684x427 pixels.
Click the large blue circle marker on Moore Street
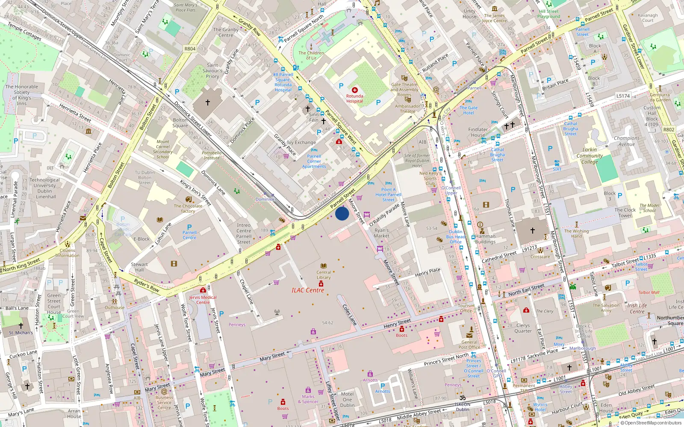[342, 213]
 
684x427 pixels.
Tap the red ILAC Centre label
[308, 290]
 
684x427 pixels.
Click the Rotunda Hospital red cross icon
[354, 90]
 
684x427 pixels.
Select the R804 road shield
[190, 49]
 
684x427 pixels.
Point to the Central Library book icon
[324, 266]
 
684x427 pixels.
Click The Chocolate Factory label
[188, 208]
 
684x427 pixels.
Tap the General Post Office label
[469, 345]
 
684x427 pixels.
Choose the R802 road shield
[669, 129]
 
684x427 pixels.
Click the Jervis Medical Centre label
[203, 300]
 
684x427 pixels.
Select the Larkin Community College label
[590, 156]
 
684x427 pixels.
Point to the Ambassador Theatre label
[407, 109]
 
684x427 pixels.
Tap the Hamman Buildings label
[485, 239]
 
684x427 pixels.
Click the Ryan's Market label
[382, 233]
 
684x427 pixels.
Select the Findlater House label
[478, 132]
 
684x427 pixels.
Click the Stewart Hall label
[139, 267]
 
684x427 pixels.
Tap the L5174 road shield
[623, 96]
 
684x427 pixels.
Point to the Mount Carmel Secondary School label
[162, 149]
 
